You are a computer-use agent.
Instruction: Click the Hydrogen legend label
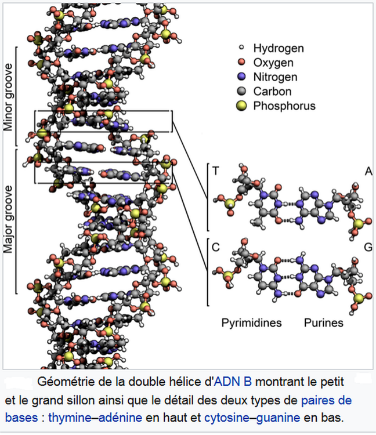279,48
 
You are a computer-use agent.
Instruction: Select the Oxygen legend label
273,63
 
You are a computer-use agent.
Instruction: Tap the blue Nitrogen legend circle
243,77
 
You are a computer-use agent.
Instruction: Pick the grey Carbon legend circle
243,91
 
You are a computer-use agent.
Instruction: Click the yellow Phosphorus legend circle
243,106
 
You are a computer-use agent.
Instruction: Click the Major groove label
9,220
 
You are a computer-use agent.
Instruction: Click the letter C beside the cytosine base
216,247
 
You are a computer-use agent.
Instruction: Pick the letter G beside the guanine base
368,247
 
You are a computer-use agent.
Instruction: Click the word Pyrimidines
251,322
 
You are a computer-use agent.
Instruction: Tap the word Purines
324,322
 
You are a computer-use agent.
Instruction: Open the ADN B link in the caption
233,383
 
